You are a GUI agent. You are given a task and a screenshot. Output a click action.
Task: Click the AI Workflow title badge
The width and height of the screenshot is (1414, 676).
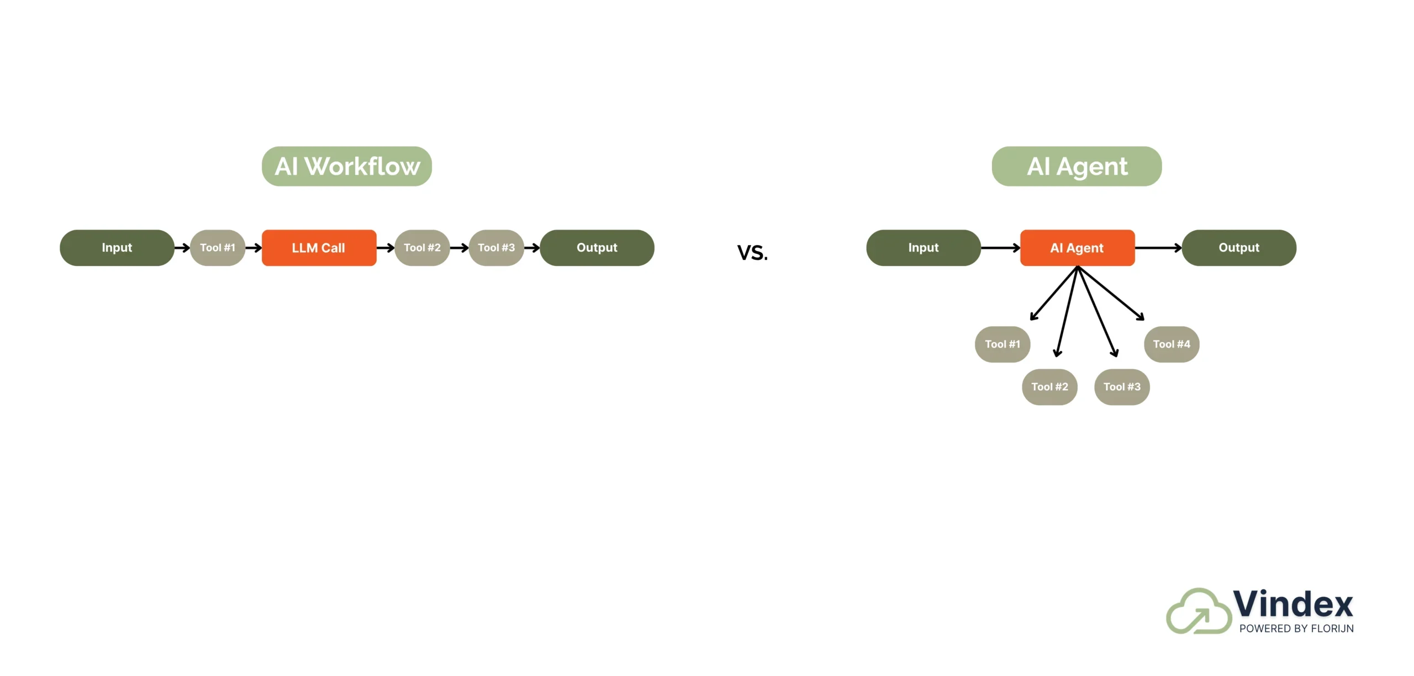point(346,166)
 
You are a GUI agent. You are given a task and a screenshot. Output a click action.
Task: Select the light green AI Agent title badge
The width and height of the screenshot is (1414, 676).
point(1076,166)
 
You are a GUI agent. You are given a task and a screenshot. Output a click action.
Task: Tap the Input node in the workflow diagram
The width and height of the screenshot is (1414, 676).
point(117,248)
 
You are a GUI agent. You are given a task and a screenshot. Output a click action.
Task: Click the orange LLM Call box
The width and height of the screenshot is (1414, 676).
point(319,248)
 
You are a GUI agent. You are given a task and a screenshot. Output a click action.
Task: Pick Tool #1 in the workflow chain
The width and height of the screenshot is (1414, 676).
point(218,248)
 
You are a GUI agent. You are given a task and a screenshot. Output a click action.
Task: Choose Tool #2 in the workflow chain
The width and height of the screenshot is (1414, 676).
point(422,248)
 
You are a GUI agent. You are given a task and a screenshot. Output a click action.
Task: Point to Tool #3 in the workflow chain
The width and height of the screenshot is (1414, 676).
point(496,248)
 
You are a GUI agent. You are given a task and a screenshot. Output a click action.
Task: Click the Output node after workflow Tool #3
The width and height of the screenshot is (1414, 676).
point(597,248)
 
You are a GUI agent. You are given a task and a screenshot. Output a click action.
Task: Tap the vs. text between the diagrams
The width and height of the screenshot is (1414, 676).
point(752,252)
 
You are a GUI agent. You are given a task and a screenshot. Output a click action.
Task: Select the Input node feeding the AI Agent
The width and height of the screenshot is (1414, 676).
point(923,248)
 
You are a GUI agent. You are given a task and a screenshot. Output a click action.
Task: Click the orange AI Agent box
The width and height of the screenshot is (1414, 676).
point(1077,248)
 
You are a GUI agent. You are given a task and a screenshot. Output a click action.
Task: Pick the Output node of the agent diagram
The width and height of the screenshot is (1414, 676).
point(1239,248)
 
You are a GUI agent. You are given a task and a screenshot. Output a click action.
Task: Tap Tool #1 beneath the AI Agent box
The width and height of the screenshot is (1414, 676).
point(1002,344)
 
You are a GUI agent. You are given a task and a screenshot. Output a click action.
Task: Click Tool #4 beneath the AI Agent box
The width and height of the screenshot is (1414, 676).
point(1171,344)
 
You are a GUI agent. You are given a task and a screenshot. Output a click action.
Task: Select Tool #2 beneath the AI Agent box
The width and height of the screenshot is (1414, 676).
point(1049,387)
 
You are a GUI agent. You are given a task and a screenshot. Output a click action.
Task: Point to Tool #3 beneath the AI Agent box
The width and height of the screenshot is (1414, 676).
point(1121,387)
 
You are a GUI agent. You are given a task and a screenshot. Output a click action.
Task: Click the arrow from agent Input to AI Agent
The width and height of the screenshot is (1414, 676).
point(1000,248)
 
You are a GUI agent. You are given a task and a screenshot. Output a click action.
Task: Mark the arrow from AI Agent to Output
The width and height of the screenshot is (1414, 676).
point(1158,248)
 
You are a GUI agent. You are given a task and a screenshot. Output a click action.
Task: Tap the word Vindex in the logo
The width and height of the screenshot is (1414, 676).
point(1292,604)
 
